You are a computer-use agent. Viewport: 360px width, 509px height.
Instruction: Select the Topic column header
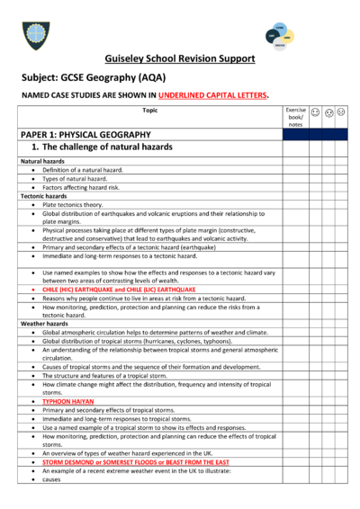[x=148, y=110]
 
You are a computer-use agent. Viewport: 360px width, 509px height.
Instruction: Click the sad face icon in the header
[x=339, y=113]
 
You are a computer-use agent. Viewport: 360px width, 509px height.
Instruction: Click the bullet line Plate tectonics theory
[x=81, y=204]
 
